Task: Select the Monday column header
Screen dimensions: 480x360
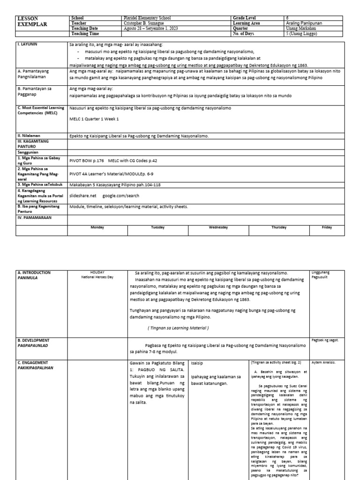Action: (x=97, y=227)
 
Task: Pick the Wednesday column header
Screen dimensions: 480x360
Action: (x=218, y=227)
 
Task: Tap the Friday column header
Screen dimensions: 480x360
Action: (x=327, y=227)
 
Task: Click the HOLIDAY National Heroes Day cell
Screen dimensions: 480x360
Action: (x=97, y=274)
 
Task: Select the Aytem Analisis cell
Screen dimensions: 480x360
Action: (x=323, y=362)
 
